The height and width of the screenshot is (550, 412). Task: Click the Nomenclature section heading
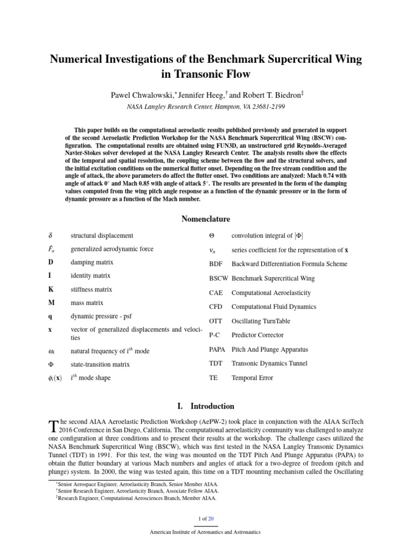coord(205,219)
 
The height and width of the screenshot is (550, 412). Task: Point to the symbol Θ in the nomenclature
coord(211,236)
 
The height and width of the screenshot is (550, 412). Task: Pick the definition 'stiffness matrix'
coord(91,289)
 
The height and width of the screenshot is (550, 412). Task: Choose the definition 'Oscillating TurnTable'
coord(261,321)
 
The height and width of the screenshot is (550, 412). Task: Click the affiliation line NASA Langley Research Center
coord(205,107)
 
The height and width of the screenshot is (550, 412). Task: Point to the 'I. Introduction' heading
coord(205,406)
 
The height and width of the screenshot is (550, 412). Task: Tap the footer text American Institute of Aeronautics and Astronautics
coord(205,532)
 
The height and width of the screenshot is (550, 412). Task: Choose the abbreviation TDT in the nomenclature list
coord(216,364)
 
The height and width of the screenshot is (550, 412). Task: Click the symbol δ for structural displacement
coord(49,236)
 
